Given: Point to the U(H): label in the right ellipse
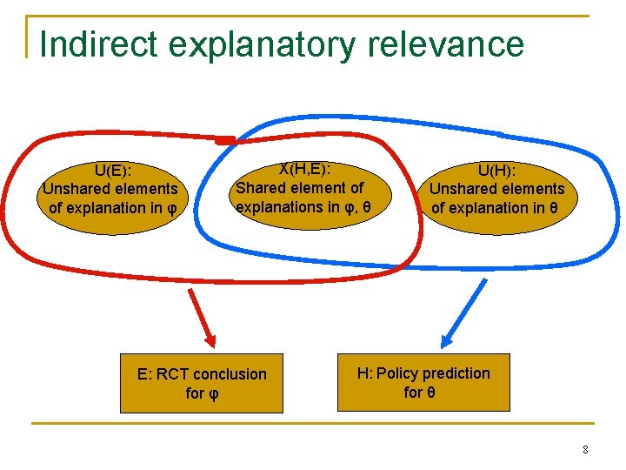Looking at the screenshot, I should coord(496,170).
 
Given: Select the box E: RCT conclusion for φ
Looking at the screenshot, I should coord(202,383).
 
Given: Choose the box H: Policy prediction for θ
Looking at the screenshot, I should coord(423,382).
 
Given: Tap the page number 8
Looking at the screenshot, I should coord(585,449).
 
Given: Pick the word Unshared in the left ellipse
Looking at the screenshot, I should coord(77,189).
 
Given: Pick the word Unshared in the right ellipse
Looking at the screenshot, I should coord(463,189).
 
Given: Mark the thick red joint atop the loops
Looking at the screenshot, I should coord(224,139).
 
